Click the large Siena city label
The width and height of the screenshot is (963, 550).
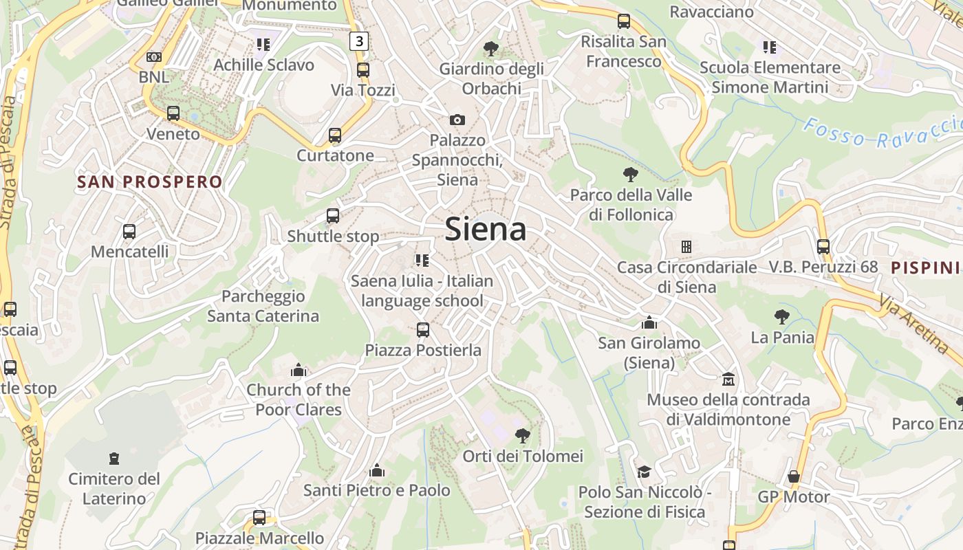click(x=486, y=229)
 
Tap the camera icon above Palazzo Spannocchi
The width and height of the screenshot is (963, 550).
click(x=457, y=120)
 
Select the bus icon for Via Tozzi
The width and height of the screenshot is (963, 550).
click(x=363, y=69)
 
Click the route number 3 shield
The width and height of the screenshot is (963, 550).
click(x=358, y=41)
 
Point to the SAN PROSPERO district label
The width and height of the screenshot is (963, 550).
click(x=150, y=182)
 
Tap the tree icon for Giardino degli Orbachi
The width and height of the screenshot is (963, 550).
click(x=491, y=48)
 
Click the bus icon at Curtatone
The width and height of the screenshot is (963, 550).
click(x=335, y=135)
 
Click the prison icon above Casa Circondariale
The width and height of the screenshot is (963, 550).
click(x=686, y=246)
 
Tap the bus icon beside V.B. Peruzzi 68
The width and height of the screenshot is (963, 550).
click(x=823, y=246)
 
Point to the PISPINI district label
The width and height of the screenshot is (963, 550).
click(x=925, y=267)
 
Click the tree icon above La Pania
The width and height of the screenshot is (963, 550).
click(x=781, y=317)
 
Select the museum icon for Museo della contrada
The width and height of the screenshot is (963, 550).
click(x=728, y=379)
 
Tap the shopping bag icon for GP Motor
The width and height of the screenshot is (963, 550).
click(x=794, y=476)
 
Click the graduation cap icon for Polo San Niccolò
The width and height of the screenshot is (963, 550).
click(x=644, y=472)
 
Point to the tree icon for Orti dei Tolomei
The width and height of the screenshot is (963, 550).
click(x=523, y=435)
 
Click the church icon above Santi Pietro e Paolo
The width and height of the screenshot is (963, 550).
click(x=376, y=470)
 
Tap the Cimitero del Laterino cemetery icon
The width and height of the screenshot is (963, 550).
click(x=114, y=458)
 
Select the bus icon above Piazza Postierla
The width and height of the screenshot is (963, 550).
click(x=423, y=330)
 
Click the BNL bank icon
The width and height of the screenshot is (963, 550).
click(x=154, y=56)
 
